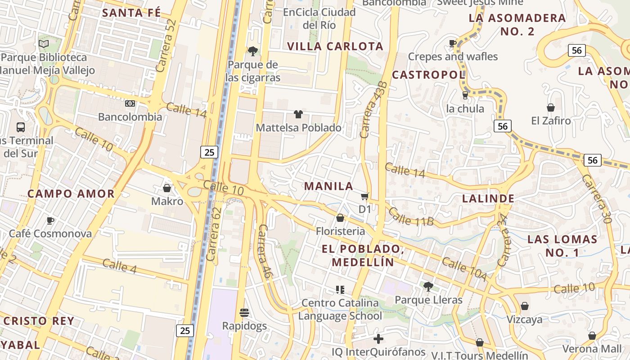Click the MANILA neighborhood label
point(328,186)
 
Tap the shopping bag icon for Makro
point(167,188)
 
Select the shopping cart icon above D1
point(364,196)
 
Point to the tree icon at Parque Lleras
point(428,286)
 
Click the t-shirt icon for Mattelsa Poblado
point(298,114)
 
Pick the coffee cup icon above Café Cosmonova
point(50,220)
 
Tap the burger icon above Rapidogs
point(244,312)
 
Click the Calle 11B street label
point(411,216)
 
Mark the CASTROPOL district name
point(428,75)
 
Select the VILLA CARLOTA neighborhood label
point(335,46)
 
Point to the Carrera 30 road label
point(597,198)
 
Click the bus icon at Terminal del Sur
point(21,127)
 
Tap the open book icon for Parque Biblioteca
point(44,44)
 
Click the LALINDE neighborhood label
point(488,198)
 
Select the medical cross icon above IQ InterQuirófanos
point(378,338)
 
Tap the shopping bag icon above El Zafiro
point(550,108)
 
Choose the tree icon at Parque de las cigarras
point(253,51)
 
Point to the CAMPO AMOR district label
point(71,194)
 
